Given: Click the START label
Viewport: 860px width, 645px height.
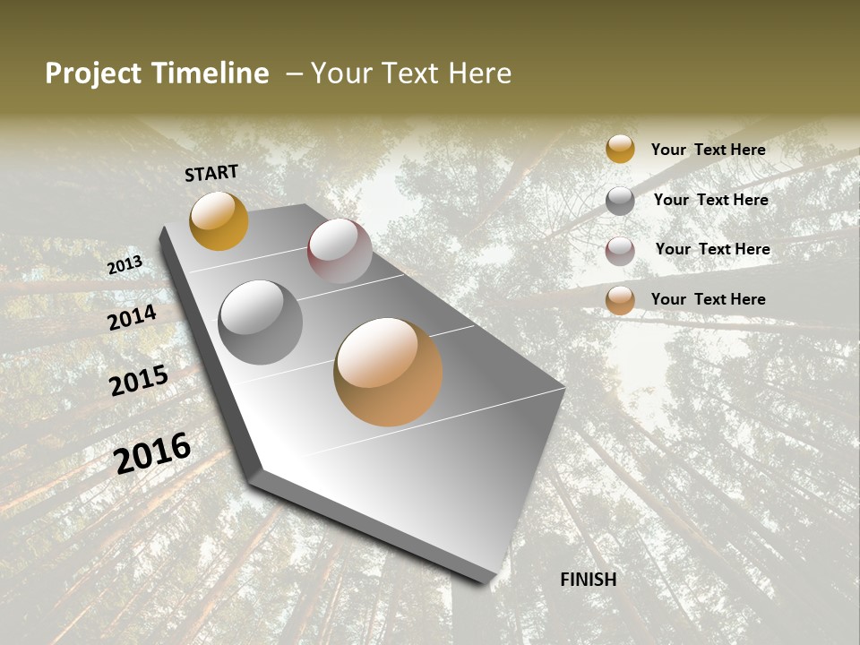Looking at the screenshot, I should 211,173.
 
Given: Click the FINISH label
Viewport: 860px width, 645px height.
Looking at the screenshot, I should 588,580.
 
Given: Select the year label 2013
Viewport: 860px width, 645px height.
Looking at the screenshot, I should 125,265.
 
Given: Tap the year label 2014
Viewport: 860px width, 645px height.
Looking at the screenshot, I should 132,317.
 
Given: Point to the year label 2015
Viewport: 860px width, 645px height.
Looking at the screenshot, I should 138,381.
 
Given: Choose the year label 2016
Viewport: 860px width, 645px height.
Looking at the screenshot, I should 152,453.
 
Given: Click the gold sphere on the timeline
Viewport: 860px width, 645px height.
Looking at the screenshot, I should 219,220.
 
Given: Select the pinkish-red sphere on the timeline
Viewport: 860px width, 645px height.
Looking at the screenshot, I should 340,251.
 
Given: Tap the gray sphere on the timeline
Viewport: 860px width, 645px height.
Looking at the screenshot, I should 261,322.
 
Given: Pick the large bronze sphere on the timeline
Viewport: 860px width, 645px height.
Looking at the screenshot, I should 388,372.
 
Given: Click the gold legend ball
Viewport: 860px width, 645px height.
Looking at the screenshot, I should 620,150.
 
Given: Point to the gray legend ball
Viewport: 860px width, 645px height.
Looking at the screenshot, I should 620,201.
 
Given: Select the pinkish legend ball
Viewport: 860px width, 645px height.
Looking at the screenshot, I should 620,251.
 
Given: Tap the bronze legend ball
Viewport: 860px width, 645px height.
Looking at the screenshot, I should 620,300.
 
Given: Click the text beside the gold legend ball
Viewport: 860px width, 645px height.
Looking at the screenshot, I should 708,150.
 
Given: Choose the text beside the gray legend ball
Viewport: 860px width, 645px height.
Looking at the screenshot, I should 710,200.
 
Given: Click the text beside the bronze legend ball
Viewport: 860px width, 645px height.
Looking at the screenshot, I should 708,299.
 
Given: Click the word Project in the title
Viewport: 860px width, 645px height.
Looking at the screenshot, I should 94,73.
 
